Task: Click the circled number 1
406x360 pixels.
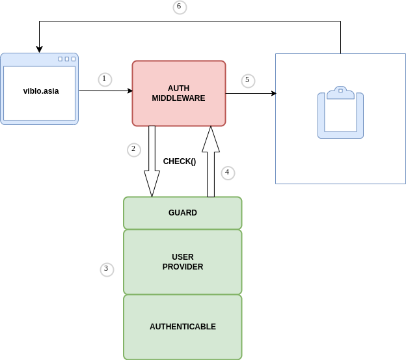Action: pos(105,79)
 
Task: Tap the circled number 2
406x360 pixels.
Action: pos(133,149)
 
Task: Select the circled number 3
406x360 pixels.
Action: pos(107,269)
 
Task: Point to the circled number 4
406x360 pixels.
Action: pos(227,173)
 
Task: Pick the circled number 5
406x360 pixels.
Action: pos(247,81)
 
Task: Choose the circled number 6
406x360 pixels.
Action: pos(180,7)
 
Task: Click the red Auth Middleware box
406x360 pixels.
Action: pos(179,93)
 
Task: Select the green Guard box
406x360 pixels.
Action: pos(182,213)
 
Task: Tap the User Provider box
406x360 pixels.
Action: pos(182,262)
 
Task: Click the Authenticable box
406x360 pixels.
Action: pos(182,327)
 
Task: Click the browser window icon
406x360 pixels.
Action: pos(39,89)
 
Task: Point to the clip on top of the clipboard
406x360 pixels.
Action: pos(341,93)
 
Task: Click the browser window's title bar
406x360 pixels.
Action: pos(39,59)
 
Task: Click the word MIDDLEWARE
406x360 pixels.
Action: pos(178,99)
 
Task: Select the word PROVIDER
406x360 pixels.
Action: pos(182,267)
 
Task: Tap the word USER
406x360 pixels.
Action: pos(182,256)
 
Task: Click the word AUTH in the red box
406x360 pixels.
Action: pos(179,88)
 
